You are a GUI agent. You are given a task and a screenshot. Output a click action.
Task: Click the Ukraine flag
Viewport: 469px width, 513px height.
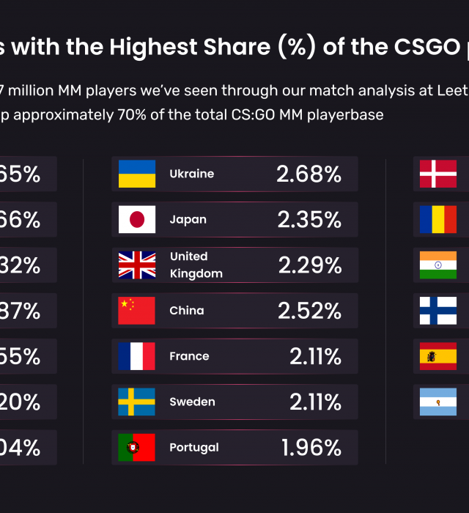click(x=137, y=174)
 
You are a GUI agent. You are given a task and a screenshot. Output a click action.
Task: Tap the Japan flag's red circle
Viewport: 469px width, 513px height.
click(x=137, y=220)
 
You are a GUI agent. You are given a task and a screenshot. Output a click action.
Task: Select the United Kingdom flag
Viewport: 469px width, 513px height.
click(x=137, y=265)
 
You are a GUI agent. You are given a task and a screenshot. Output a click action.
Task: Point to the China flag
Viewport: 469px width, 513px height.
click(x=137, y=311)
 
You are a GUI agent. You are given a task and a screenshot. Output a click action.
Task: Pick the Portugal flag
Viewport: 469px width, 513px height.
click(x=137, y=447)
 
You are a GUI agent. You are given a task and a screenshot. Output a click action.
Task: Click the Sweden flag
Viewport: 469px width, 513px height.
click(x=137, y=402)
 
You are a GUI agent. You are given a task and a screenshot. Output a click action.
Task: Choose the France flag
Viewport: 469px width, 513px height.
click(x=137, y=356)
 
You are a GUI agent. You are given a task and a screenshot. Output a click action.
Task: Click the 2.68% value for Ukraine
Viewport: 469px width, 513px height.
click(x=309, y=174)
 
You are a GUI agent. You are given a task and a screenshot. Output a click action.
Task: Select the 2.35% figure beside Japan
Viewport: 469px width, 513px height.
click(x=309, y=220)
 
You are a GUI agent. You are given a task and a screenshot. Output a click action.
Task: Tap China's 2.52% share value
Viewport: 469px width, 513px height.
click(x=309, y=311)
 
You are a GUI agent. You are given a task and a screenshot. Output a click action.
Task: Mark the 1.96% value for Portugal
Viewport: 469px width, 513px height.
click(x=311, y=447)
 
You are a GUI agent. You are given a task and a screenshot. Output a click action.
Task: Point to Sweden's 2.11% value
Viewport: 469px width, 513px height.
click(x=315, y=402)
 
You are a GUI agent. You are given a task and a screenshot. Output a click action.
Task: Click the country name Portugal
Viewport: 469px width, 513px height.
click(x=193, y=447)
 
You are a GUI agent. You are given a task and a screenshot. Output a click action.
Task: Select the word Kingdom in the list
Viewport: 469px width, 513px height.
click(x=196, y=273)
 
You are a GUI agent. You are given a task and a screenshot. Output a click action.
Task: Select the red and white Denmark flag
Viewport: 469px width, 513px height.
click(x=438, y=174)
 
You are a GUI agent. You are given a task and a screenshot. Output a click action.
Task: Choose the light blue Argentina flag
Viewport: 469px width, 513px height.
click(x=438, y=402)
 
